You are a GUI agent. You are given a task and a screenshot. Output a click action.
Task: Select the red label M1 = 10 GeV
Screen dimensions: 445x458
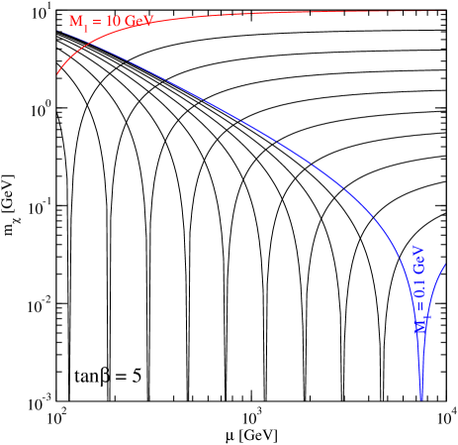(x=110, y=22)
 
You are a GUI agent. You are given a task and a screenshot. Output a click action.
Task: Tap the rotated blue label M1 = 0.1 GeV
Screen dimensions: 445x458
(x=419, y=287)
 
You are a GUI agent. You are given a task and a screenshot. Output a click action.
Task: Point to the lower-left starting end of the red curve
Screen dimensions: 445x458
(x=57, y=74)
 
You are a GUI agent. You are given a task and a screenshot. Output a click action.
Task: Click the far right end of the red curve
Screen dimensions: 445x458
(x=446, y=10)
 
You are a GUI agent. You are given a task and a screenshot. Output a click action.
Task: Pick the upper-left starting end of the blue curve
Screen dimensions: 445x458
(x=56, y=28)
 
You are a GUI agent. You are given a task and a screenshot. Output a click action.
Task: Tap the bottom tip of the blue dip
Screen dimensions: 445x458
(x=421, y=399)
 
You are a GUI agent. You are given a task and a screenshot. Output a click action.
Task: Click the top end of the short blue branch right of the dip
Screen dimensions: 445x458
(x=445, y=264)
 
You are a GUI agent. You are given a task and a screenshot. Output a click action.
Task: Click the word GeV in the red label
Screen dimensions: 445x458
(x=137, y=22)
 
